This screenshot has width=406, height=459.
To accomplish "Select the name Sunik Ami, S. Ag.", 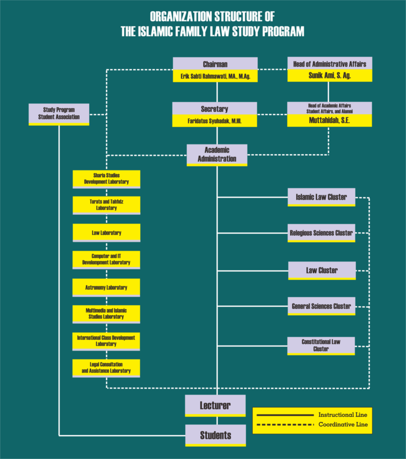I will point(329,76).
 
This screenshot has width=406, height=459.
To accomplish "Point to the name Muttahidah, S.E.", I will point(329,121).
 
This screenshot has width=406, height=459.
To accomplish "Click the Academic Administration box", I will point(217,155).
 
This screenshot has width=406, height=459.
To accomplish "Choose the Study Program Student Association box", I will point(59,113).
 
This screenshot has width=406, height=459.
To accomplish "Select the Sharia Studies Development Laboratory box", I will point(106,178).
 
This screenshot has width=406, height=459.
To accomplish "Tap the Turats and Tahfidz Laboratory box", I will point(106,205).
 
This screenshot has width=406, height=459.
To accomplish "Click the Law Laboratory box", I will point(106,233).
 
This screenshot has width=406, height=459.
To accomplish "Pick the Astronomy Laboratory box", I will point(106,287).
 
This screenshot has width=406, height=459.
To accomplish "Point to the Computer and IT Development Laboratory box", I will point(106,260).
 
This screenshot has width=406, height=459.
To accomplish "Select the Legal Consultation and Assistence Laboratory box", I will point(106,368).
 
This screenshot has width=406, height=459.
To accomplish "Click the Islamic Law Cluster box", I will point(321,197).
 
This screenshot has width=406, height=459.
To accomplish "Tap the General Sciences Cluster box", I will point(321,306).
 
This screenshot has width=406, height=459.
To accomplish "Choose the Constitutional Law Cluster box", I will point(321,345).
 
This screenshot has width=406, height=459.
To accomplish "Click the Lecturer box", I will point(215,406).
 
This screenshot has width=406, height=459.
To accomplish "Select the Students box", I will point(216,435).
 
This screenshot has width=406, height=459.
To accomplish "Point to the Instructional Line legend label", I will point(343,415).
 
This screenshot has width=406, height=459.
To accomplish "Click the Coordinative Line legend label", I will point(343,424).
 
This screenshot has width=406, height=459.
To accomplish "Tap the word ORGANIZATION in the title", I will point(181,17).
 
